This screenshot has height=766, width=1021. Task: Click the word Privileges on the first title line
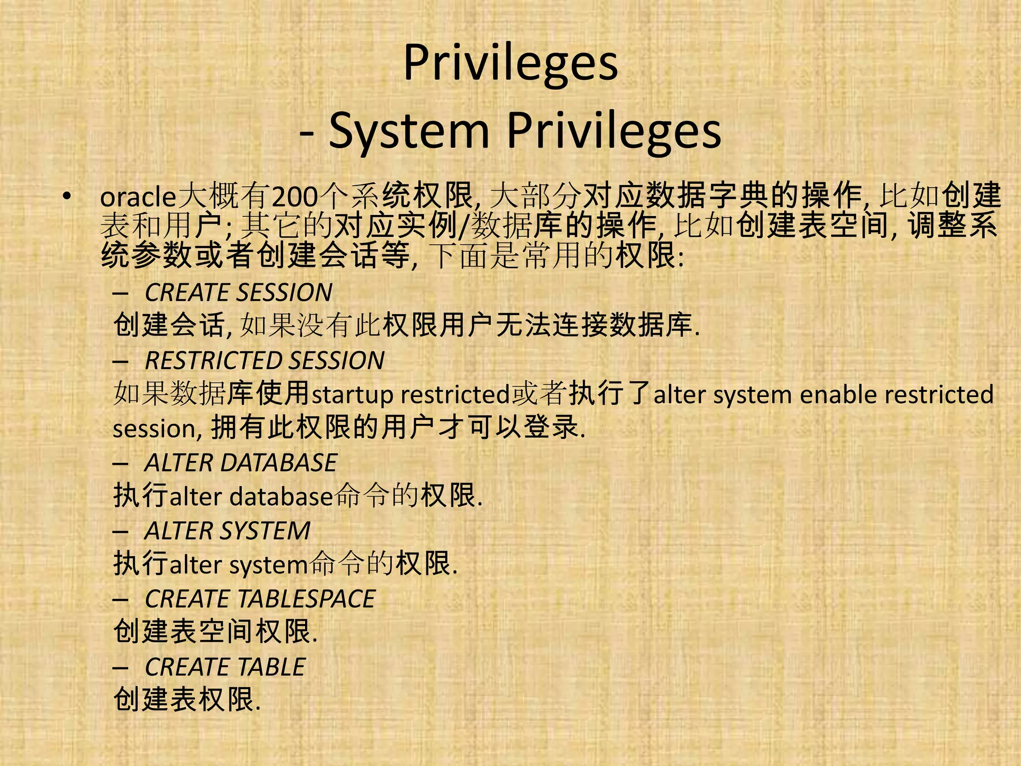coord(510,63)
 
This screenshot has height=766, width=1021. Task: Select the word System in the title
coord(409,131)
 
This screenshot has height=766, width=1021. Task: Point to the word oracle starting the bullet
coord(138,197)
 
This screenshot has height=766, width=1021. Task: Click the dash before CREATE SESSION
coord(121,293)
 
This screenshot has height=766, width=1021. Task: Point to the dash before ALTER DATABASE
coord(121,464)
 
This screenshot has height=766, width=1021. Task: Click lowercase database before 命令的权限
coord(281,497)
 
